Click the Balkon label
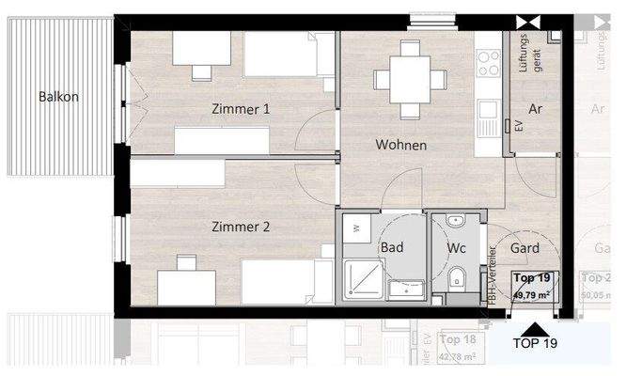point(58,97)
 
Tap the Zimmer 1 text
point(241,110)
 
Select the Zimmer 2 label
point(241,227)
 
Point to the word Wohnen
point(401,146)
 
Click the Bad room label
point(392,247)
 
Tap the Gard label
point(524,248)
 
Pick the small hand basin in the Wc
point(455,222)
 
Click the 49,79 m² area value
point(533,294)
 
